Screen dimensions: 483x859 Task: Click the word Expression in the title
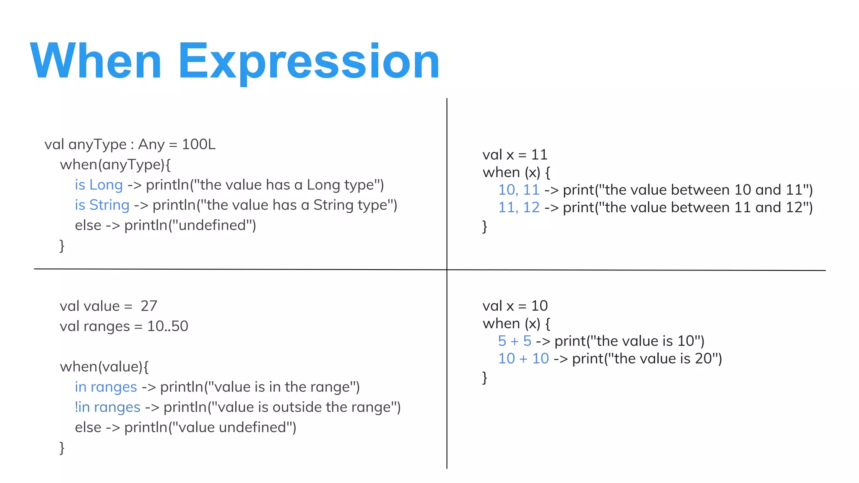[x=309, y=62]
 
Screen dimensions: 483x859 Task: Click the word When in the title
[x=96, y=62]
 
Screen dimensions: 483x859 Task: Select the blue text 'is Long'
[x=99, y=185]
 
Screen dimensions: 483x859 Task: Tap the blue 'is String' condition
[x=102, y=205]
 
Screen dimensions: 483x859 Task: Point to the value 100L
[x=199, y=144]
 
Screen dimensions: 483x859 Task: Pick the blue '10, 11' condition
[x=518, y=190]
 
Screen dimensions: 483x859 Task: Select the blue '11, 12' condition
[x=518, y=208]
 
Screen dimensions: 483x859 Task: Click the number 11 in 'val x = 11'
[x=539, y=155]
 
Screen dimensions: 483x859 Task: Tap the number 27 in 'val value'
[x=149, y=306]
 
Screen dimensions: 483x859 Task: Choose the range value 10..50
[x=168, y=326]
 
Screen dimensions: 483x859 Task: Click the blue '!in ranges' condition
[x=107, y=407]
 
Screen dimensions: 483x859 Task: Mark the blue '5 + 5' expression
[x=515, y=341]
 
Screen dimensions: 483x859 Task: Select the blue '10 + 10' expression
[x=523, y=358]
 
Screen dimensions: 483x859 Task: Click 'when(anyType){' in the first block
[x=115, y=165]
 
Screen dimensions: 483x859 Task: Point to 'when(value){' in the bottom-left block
[x=104, y=367]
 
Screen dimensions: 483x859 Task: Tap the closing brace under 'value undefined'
[x=62, y=448]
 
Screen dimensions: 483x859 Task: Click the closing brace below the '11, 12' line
[x=485, y=226]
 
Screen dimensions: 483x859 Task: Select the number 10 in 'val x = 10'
[x=539, y=306]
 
